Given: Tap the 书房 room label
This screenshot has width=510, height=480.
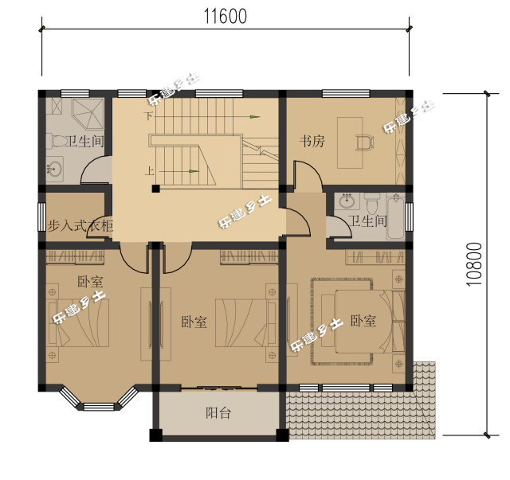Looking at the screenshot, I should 312,142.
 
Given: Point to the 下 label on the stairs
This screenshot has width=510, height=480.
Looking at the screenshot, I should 148,116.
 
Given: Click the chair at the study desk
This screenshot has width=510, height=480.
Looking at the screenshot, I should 363,142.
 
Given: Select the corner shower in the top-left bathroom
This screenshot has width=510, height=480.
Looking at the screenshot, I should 87,115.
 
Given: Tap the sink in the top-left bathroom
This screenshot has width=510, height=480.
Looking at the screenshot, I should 54,169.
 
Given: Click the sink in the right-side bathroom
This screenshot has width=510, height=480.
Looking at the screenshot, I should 347,201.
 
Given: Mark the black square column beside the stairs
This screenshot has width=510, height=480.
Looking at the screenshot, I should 156,189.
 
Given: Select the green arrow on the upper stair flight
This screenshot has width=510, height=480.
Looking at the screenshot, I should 253,117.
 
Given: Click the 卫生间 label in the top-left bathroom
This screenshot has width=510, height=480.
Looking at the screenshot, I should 84,142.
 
